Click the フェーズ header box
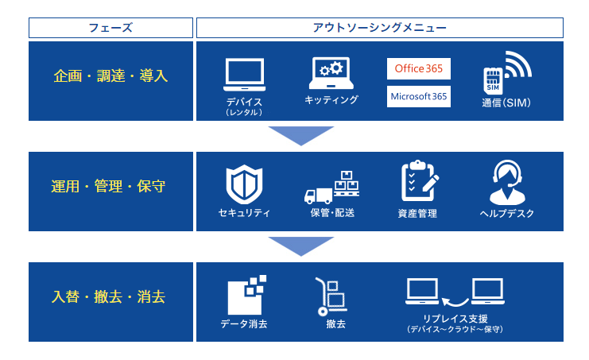point(110,28)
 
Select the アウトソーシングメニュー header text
point(379,28)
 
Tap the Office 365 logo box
point(419,68)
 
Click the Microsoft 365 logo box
point(419,96)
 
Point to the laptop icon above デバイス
point(245,75)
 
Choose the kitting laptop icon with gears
point(331,73)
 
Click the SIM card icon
point(493,81)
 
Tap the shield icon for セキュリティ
point(244,184)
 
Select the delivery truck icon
point(318,196)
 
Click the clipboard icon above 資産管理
point(419,181)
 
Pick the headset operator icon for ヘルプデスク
point(507,183)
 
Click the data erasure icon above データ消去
point(246,295)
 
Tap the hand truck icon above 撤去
point(331,296)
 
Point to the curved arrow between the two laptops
point(455,301)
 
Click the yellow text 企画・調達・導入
point(110,75)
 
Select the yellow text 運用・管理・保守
point(108,186)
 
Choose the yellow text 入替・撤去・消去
point(108,296)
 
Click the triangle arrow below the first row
point(301,134)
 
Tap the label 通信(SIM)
point(506,103)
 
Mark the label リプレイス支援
point(455,319)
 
